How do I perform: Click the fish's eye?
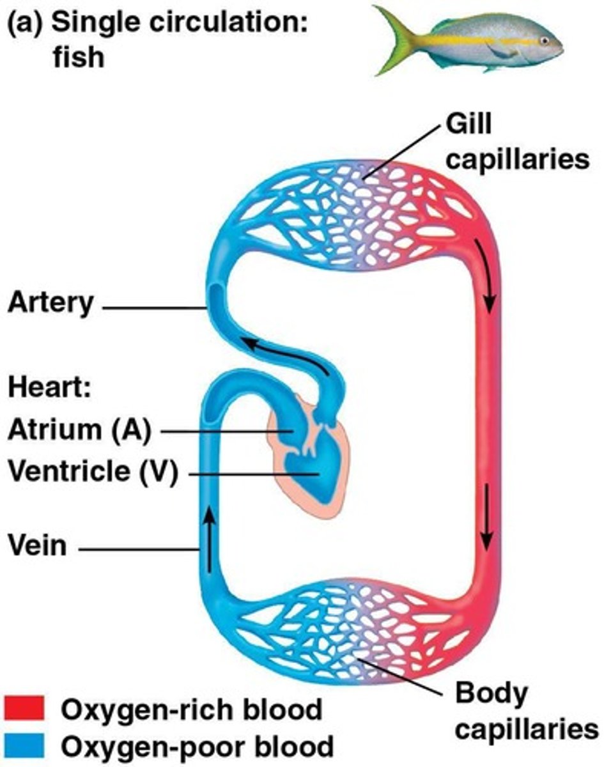544,40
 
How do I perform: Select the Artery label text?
50,302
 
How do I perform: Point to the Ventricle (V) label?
91,473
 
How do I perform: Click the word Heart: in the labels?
49,388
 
